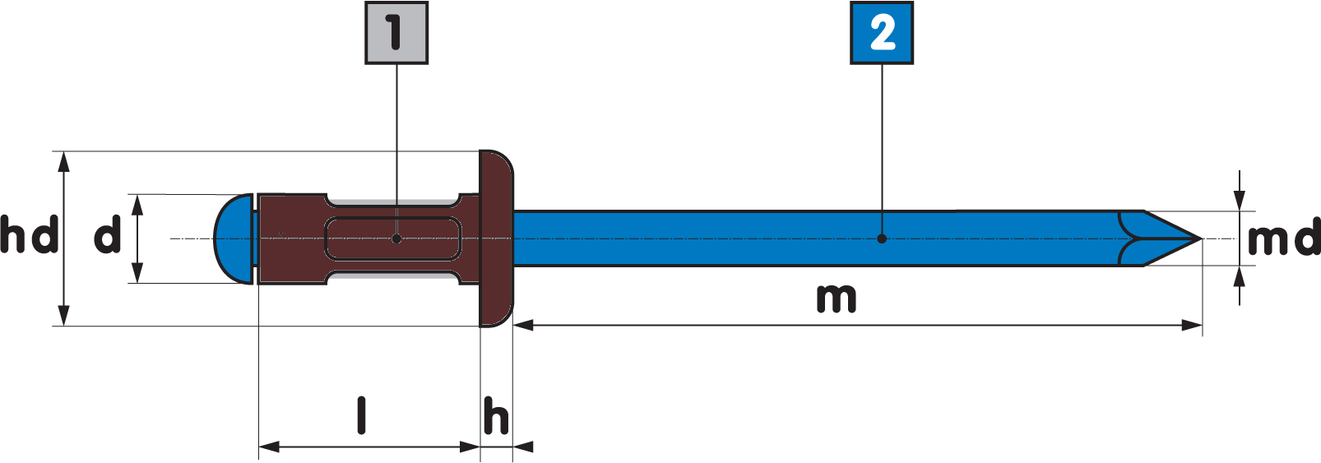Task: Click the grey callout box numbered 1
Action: click(x=396, y=33)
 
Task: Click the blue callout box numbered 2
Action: click(x=882, y=33)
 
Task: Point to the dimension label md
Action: click(x=1284, y=238)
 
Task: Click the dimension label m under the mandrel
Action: click(x=837, y=299)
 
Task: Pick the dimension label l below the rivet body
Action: click(x=362, y=415)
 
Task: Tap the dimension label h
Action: click(x=496, y=415)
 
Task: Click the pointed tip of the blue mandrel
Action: click(x=1202, y=238)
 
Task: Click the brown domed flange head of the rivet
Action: click(x=497, y=238)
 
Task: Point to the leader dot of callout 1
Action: click(x=396, y=238)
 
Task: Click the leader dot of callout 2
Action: click(x=882, y=238)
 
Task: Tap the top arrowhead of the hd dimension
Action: click(x=64, y=161)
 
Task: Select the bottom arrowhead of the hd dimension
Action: click(x=64, y=316)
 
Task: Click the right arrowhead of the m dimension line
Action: click(x=1192, y=326)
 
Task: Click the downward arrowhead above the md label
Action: click(x=1240, y=201)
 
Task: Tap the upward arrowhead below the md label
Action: click(x=1240, y=276)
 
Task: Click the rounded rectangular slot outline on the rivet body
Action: click(x=393, y=238)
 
